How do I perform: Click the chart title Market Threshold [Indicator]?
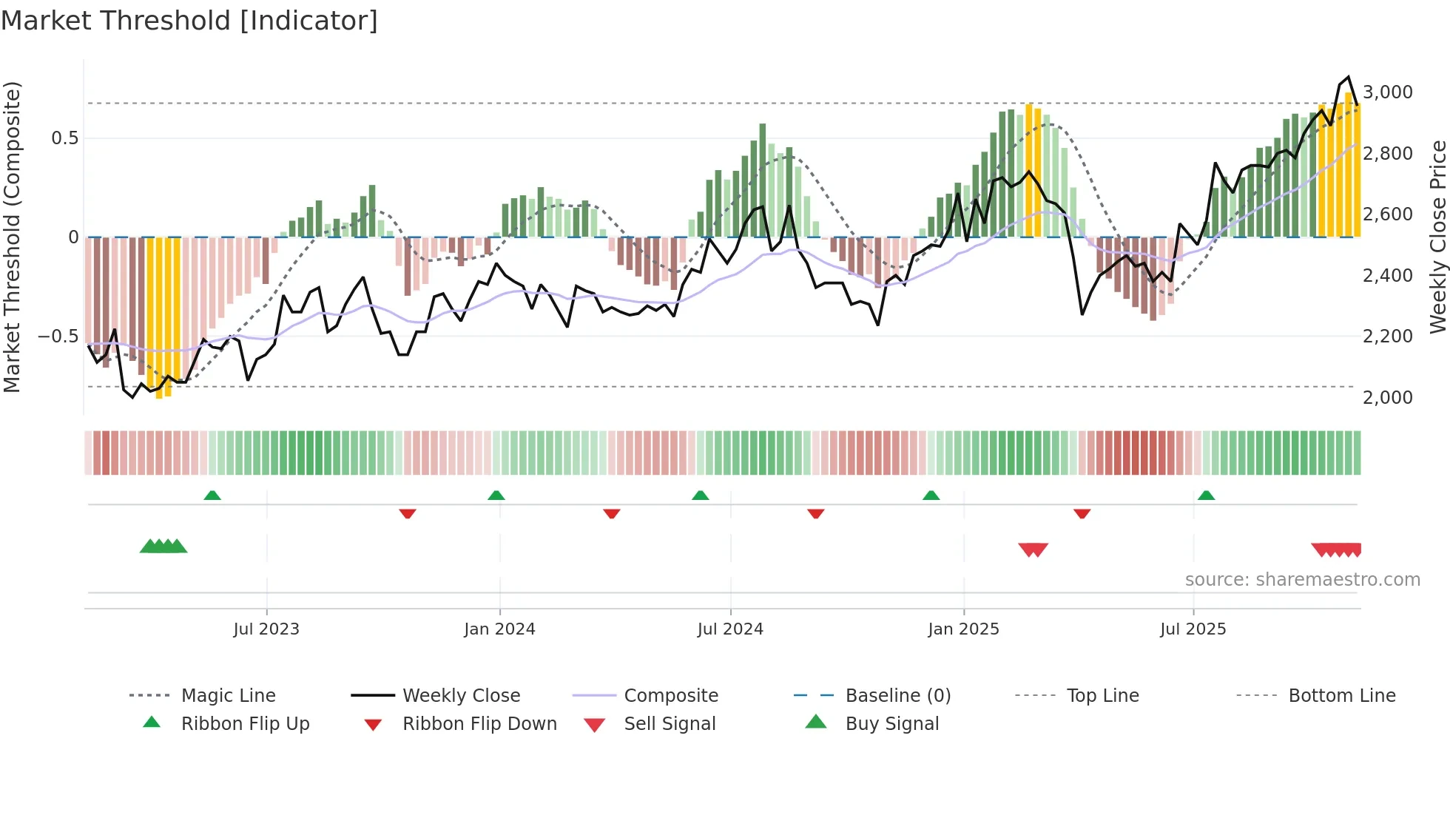[189, 21]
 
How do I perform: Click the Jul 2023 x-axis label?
[266, 629]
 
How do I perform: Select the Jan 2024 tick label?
[499, 629]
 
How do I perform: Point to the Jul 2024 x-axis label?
[730, 629]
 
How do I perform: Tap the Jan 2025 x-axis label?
[963, 629]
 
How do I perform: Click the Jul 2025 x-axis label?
[1193, 629]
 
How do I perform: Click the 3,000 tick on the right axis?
[1387, 92]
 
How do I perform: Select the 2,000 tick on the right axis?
[1387, 398]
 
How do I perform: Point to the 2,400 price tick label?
[1387, 276]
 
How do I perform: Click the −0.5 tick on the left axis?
[58, 337]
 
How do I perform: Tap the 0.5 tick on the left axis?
[65, 138]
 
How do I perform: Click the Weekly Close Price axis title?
[1437, 237]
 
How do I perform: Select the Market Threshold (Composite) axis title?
[12, 237]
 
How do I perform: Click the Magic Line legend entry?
[228, 696]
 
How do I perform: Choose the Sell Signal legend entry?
[670, 724]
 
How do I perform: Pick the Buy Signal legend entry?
[891, 724]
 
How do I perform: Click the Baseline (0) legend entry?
[897, 696]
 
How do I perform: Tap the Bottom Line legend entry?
[1341, 696]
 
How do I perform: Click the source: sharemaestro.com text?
[1302, 580]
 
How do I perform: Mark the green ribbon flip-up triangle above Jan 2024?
[496, 496]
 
